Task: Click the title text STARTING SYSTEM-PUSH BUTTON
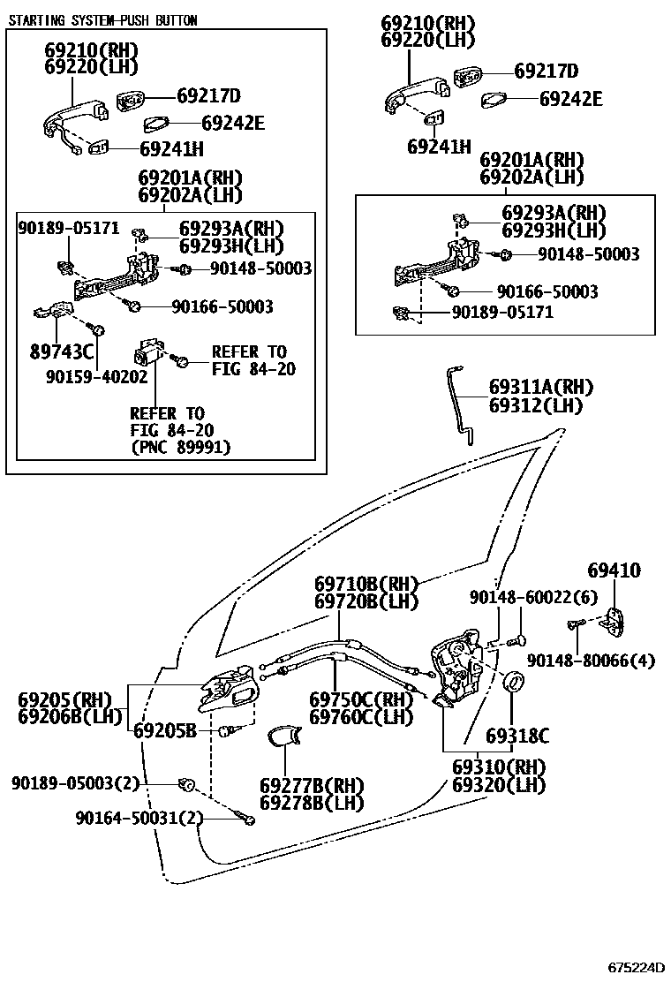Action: click(102, 20)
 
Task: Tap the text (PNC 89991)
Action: click(180, 448)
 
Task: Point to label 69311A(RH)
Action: click(541, 388)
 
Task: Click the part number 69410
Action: click(614, 571)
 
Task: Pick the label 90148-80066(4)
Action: click(592, 660)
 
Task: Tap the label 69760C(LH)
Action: click(361, 718)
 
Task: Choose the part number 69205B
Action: click(171, 731)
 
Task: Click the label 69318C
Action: click(517, 736)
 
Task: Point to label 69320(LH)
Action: click(499, 784)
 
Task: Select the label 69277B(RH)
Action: click(300, 785)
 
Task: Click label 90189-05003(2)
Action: click(76, 783)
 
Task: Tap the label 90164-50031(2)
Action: click(139, 819)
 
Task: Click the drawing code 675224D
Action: click(635, 966)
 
